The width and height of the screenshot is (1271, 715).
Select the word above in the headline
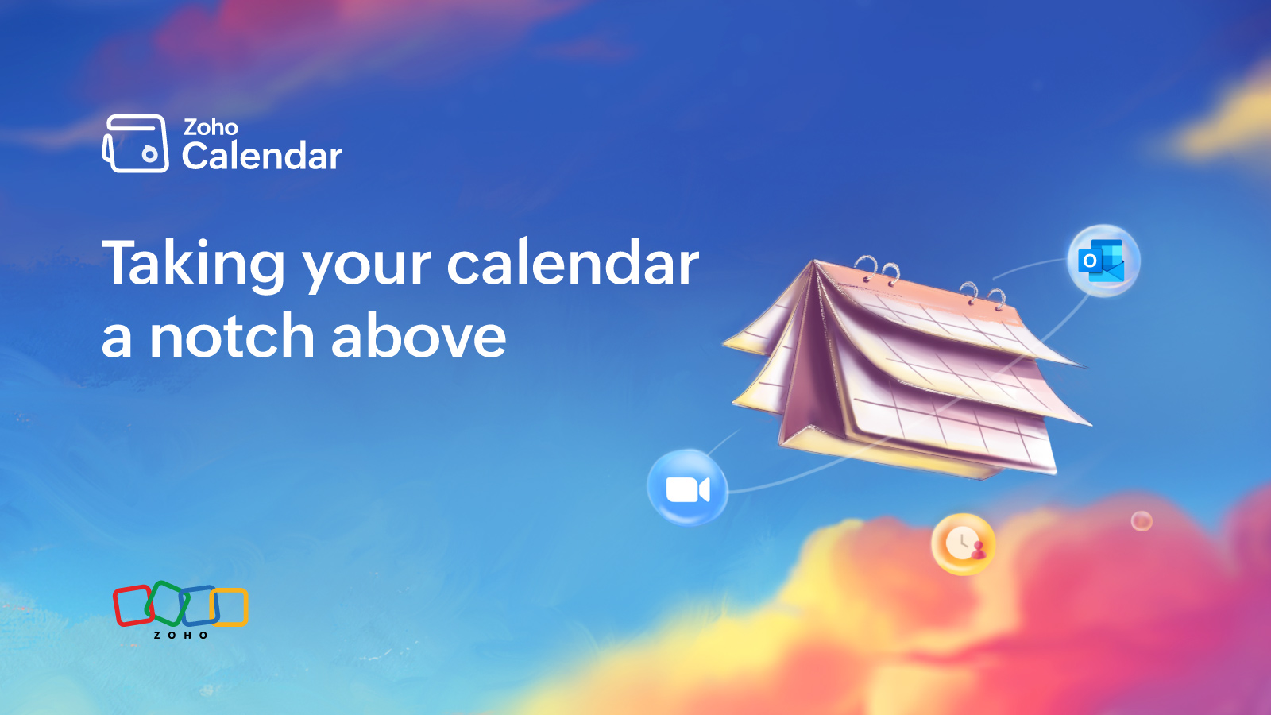tap(419, 337)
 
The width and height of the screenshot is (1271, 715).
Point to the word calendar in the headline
tap(573, 263)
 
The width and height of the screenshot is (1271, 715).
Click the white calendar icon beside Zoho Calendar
tap(136, 144)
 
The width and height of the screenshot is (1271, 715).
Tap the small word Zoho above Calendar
tap(211, 127)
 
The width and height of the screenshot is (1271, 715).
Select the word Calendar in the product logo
tap(261, 156)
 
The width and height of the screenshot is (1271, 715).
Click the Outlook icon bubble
tap(1103, 261)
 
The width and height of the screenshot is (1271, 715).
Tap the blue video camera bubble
tap(687, 488)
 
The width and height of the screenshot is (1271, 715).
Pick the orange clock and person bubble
tap(964, 544)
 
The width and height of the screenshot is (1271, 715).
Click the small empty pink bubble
tap(1142, 521)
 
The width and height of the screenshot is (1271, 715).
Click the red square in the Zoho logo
tap(132, 605)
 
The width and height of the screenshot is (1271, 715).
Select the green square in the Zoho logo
tap(167, 603)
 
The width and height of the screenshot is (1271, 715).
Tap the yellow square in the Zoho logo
tap(231, 607)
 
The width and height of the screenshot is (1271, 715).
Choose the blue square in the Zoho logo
tap(200, 605)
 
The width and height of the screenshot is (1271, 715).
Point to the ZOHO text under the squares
tap(180, 635)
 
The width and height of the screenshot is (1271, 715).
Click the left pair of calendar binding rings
tap(877, 270)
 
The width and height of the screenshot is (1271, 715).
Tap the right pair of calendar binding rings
tap(982, 295)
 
